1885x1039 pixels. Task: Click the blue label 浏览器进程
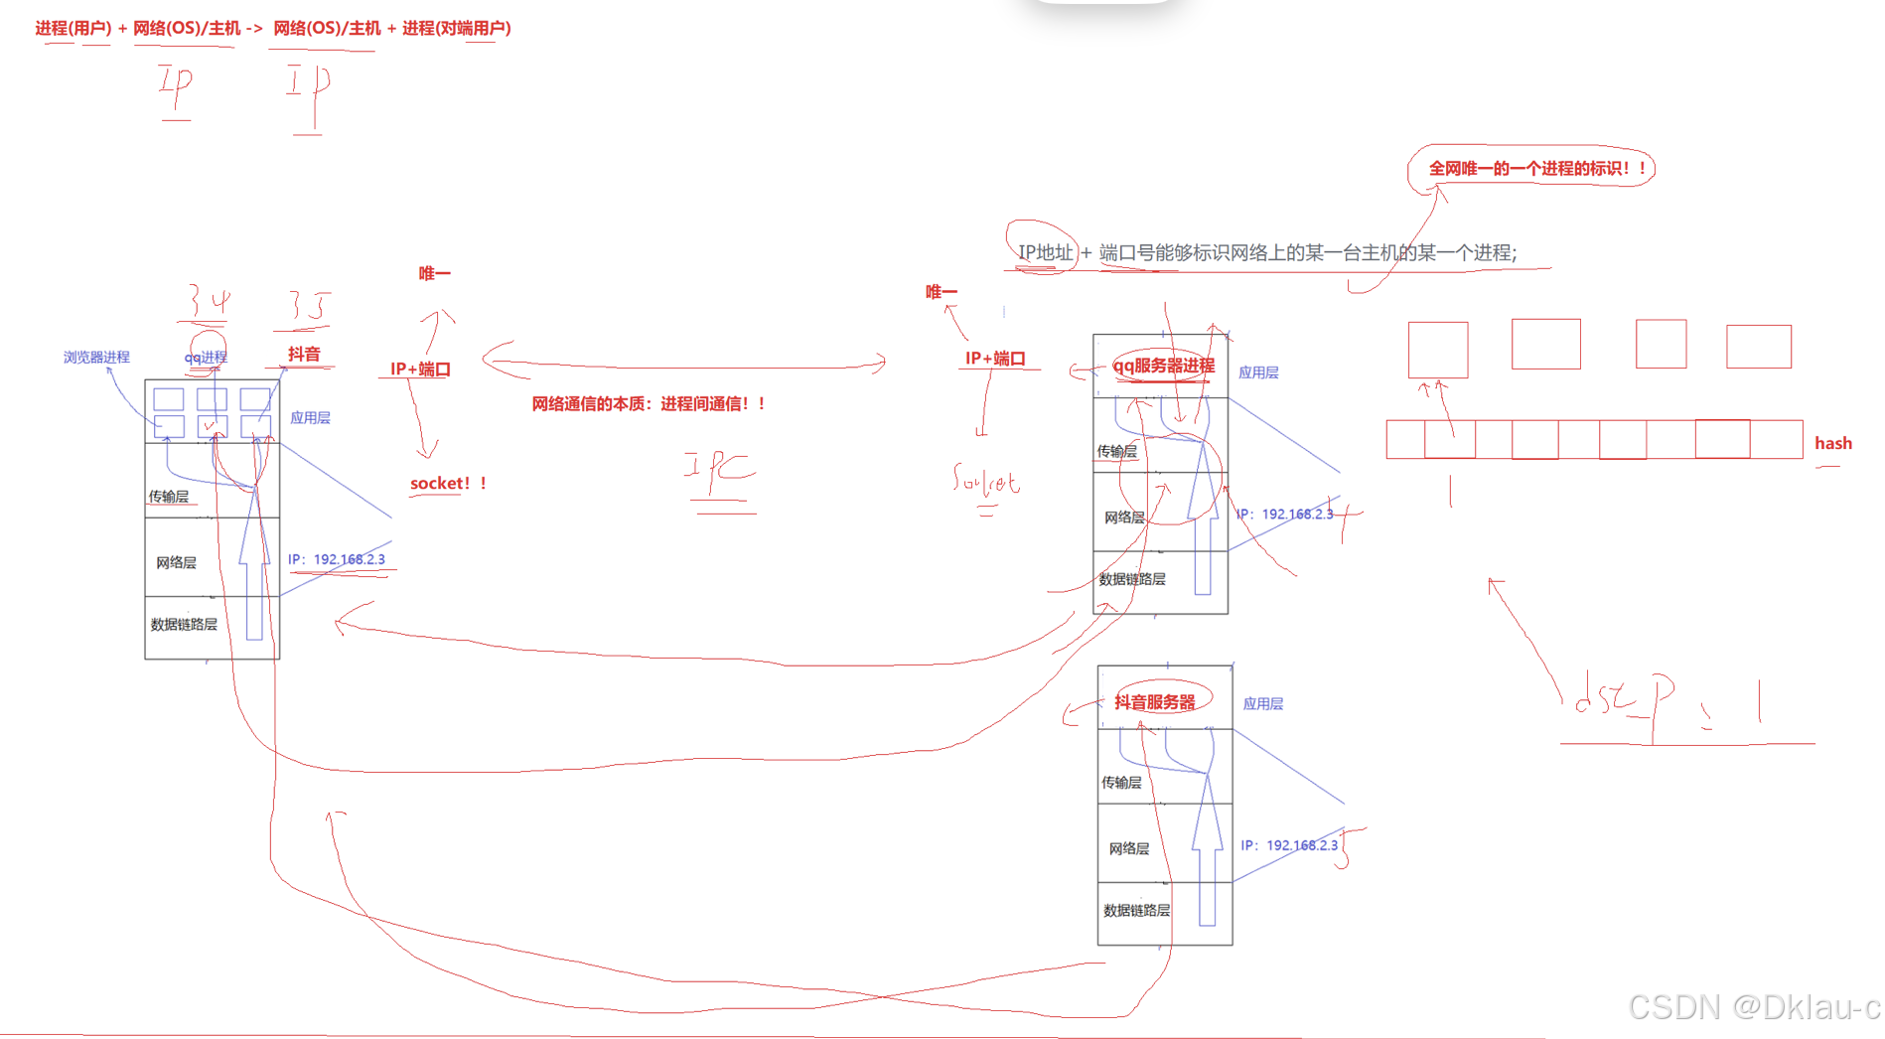[x=96, y=358]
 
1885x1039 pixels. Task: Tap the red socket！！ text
[x=448, y=484]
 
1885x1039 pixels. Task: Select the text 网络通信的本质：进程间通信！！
[x=649, y=404]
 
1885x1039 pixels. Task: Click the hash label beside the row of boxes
[x=1832, y=444]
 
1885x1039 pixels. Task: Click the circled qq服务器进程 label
[x=1163, y=367]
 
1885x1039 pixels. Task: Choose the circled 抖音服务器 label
[x=1155, y=702]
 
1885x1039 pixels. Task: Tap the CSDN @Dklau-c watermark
[x=1754, y=1007]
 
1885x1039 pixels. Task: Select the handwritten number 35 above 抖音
[x=307, y=306]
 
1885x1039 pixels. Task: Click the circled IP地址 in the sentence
[x=1045, y=252]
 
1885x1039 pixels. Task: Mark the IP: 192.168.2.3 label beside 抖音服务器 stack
[x=1289, y=845]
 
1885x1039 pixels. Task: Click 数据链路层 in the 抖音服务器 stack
[x=1136, y=911]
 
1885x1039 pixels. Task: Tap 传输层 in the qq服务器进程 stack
[x=1116, y=452]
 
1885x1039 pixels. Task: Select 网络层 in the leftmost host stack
[x=176, y=563]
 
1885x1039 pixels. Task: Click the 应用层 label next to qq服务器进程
[x=1258, y=373]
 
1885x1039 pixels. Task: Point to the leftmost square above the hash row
[x=1437, y=350]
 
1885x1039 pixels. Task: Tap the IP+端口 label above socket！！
[x=420, y=370]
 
